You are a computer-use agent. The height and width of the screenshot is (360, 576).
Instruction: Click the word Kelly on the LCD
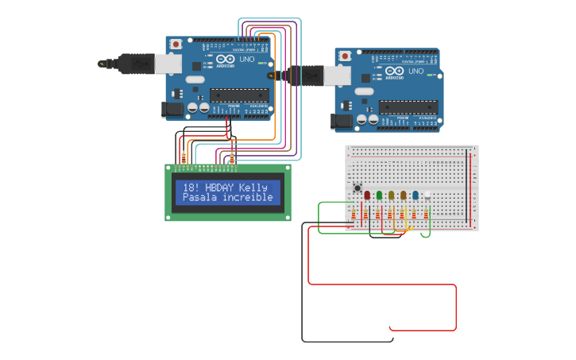pos(253,188)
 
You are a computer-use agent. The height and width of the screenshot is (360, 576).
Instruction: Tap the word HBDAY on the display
pos(220,188)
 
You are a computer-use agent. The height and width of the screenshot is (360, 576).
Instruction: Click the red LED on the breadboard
pos(367,195)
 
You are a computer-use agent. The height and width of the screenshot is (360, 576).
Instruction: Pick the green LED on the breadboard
pos(379,195)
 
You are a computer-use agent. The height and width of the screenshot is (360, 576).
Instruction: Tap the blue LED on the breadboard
pos(415,195)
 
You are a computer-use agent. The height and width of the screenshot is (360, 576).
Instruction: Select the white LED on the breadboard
pos(427,195)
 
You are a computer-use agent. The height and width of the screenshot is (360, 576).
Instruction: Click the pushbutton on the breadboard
pos(357,189)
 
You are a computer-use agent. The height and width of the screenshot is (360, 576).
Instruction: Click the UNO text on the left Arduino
pos(247,59)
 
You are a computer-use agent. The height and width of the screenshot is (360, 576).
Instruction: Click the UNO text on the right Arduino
pos(416,71)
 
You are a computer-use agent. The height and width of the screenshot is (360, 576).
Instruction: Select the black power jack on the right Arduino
pos(342,121)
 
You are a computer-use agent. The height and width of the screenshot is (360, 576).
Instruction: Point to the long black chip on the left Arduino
pos(238,95)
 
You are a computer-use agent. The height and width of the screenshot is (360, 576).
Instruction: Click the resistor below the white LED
pos(426,214)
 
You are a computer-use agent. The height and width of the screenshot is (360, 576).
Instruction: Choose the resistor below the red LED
pos(365,214)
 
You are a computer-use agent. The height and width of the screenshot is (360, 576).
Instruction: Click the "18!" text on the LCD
pos(191,188)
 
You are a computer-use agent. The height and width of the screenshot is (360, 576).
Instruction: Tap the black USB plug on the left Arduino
pos(136,63)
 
